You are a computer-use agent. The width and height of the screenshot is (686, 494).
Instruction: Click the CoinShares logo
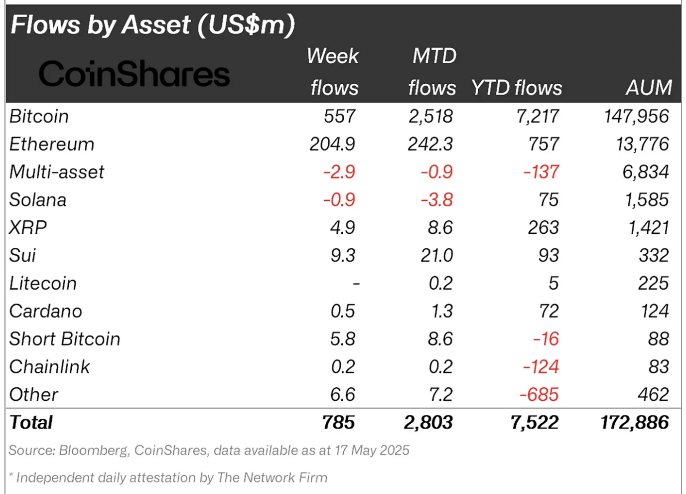[134, 74]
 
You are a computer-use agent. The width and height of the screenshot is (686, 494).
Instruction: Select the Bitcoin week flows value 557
[339, 116]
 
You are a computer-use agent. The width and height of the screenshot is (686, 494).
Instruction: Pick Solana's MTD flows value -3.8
[436, 200]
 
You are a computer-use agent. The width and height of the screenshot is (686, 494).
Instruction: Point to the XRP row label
[28, 228]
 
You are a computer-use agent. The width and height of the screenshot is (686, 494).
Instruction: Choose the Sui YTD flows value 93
[548, 255]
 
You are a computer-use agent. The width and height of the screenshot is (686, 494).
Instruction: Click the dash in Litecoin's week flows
[356, 284]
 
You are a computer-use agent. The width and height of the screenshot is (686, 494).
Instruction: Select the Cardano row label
[45, 311]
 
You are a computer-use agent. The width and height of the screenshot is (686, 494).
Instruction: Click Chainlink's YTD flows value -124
[541, 367]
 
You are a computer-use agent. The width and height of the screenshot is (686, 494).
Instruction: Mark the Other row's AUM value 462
[653, 395]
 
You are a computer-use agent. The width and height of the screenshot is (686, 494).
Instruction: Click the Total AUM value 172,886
[634, 423]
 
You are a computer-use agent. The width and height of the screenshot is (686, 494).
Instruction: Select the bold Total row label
[31, 423]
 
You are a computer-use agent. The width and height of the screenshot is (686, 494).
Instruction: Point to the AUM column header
[648, 88]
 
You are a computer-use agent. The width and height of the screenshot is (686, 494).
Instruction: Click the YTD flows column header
[516, 88]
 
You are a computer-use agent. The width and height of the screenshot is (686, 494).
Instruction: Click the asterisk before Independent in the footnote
[11, 476]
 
